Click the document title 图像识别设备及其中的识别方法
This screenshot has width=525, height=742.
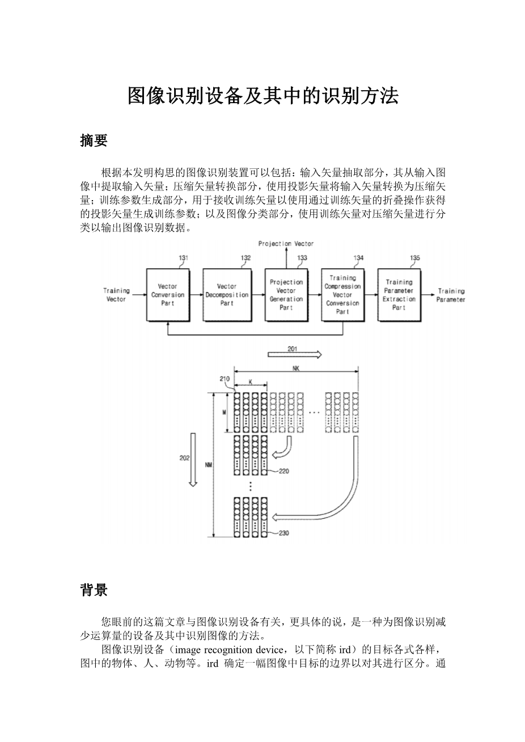(x=262, y=96)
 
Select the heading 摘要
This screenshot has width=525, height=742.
(x=94, y=141)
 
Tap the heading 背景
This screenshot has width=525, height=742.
(x=94, y=590)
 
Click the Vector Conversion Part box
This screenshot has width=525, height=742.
(x=167, y=295)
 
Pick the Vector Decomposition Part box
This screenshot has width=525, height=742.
(x=226, y=295)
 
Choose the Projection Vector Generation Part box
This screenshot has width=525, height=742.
(x=286, y=295)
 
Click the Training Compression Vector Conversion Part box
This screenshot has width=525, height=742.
(x=342, y=295)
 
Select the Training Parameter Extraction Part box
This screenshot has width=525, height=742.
(x=399, y=295)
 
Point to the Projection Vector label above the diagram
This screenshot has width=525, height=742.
(x=286, y=244)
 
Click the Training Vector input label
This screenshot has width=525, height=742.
(x=116, y=295)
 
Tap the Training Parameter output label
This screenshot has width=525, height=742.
(x=451, y=295)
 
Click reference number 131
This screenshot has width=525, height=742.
(x=184, y=258)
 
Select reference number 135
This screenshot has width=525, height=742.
(x=415, y=258)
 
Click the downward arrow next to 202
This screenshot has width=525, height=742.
(x=193, y=459)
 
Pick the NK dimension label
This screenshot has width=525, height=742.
(x=296, y=368)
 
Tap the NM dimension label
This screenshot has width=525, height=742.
(x=209, y=465)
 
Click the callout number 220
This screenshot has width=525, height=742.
(x=284, y=470)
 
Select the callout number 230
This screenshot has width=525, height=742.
(x=284, y=533)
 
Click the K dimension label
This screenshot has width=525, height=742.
(x=250, y=383)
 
